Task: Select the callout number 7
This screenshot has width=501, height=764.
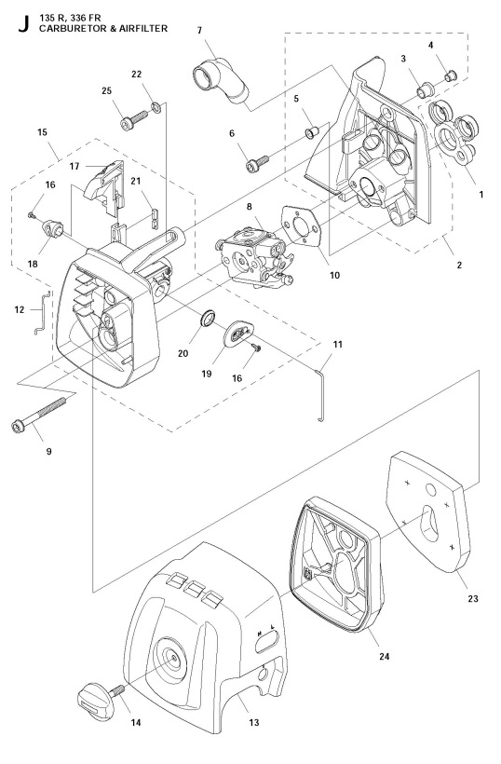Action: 199,31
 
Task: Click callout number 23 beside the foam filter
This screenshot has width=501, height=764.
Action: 473,598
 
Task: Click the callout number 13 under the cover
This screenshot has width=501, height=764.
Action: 253,722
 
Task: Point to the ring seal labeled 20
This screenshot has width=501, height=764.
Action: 210,321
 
